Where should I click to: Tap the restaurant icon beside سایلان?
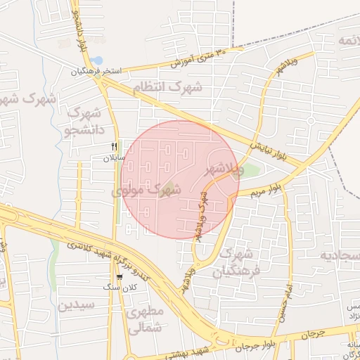click(x=114, y=147)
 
